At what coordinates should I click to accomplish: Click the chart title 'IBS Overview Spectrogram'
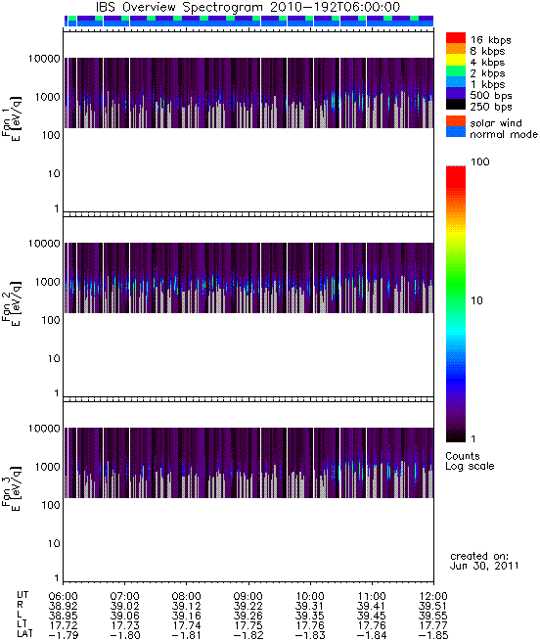coord(179,8)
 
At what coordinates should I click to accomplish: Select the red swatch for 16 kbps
coord(456,37)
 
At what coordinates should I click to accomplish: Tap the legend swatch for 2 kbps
coord(456,71)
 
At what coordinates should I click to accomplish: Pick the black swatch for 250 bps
coord(456,105)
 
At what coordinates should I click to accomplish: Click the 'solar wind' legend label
coord(496,123)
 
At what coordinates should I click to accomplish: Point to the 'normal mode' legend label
coord(504,134)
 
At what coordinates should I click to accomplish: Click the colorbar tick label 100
coord(480,161)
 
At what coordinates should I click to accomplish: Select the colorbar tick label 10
coord(476,300)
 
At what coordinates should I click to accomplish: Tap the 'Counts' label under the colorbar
coord(463,456)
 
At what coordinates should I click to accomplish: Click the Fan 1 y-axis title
coord(11,119)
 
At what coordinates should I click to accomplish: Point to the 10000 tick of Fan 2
coord(44,244)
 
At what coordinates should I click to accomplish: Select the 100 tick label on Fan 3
coord(51,505)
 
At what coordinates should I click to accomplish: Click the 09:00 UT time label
coord(248,596)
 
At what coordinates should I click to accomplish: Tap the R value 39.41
coord(372,606)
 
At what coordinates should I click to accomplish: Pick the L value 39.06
coord(124,616)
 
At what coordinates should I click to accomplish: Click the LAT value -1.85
coord(433,636)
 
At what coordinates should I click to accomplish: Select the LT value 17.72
coord(64,626)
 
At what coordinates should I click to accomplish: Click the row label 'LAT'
coord(24,635)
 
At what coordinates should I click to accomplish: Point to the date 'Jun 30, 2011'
coord(484,567)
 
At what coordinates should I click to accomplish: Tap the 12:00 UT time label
coord(433,596)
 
